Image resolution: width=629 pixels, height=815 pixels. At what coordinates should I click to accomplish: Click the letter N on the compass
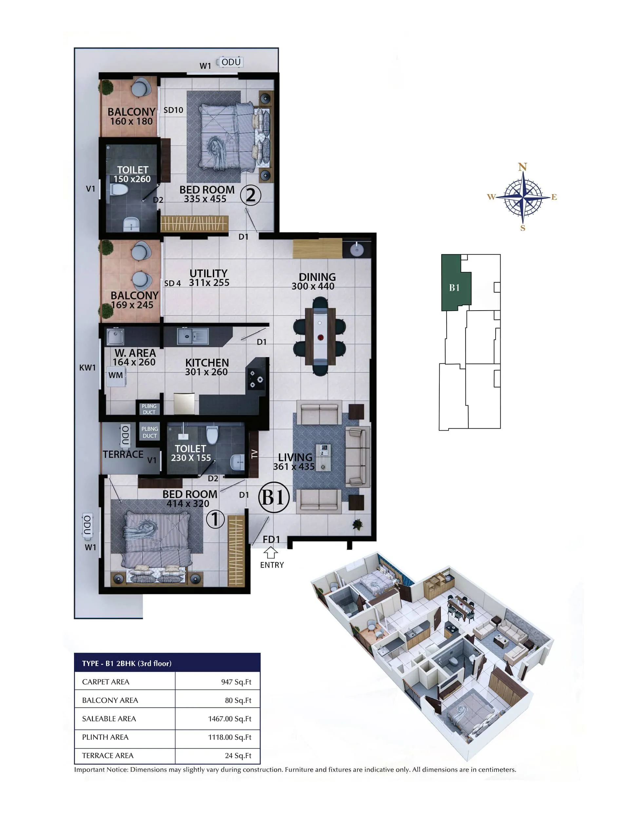click(522, 167)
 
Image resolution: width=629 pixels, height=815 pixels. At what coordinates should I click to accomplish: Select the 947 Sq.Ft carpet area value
click(236, 682)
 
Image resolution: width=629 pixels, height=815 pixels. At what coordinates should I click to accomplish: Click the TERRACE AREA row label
click(108, 755)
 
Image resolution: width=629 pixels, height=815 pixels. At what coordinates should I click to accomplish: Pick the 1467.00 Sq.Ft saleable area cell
click(229, 718)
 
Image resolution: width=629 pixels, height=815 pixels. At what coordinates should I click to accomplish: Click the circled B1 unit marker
click(274, 498)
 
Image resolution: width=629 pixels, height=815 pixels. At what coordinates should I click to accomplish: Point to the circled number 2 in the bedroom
click(251, 195)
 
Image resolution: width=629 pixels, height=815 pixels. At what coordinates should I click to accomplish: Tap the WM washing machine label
click(116, 375)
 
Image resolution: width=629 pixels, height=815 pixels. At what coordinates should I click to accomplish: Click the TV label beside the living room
click(254, 454)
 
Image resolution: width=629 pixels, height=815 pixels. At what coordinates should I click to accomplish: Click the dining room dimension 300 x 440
click(313, 286)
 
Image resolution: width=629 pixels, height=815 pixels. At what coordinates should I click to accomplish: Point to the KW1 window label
click(87, 368)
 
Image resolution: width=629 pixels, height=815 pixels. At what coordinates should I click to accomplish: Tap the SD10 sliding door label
click(173, 110)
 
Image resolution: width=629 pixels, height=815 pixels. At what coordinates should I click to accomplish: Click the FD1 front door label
click(271, 539)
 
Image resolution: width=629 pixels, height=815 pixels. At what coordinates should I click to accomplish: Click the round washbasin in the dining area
click(357, 250)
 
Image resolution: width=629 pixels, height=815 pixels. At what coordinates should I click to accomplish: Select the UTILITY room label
click(208, 273)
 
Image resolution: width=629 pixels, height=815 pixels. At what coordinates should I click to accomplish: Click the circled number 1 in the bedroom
click(215, 519)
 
